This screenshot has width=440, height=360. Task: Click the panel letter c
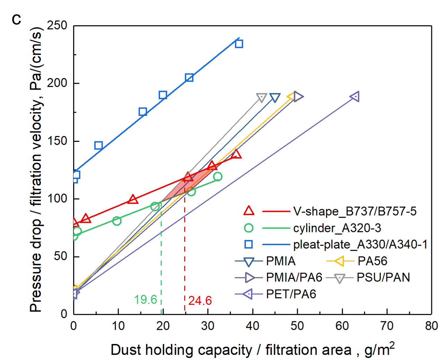coord(16,20)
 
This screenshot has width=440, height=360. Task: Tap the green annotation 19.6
coord(145,299)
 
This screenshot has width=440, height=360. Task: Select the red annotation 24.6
coord(200,300)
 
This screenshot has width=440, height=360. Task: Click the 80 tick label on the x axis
coord(431,326)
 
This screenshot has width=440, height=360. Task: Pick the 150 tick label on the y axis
coord(57,141)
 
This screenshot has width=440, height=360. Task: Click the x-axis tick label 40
coord(252,326)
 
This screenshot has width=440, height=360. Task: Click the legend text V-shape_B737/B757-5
coord(355,211)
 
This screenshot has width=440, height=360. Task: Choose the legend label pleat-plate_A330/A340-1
coord(360,245)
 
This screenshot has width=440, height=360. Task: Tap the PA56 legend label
coord(372,261)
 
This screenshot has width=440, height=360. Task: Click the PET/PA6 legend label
coord(291,294)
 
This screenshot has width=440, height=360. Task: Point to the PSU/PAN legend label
coord(383,277)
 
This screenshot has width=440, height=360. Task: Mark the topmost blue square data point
coord(239,44)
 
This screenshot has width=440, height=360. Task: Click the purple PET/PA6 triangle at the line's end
coord(355,97)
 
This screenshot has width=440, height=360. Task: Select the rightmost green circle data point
coord(218,177)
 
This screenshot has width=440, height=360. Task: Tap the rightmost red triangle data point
coord(236,154)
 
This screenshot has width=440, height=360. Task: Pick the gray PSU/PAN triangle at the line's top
coord(261,97)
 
